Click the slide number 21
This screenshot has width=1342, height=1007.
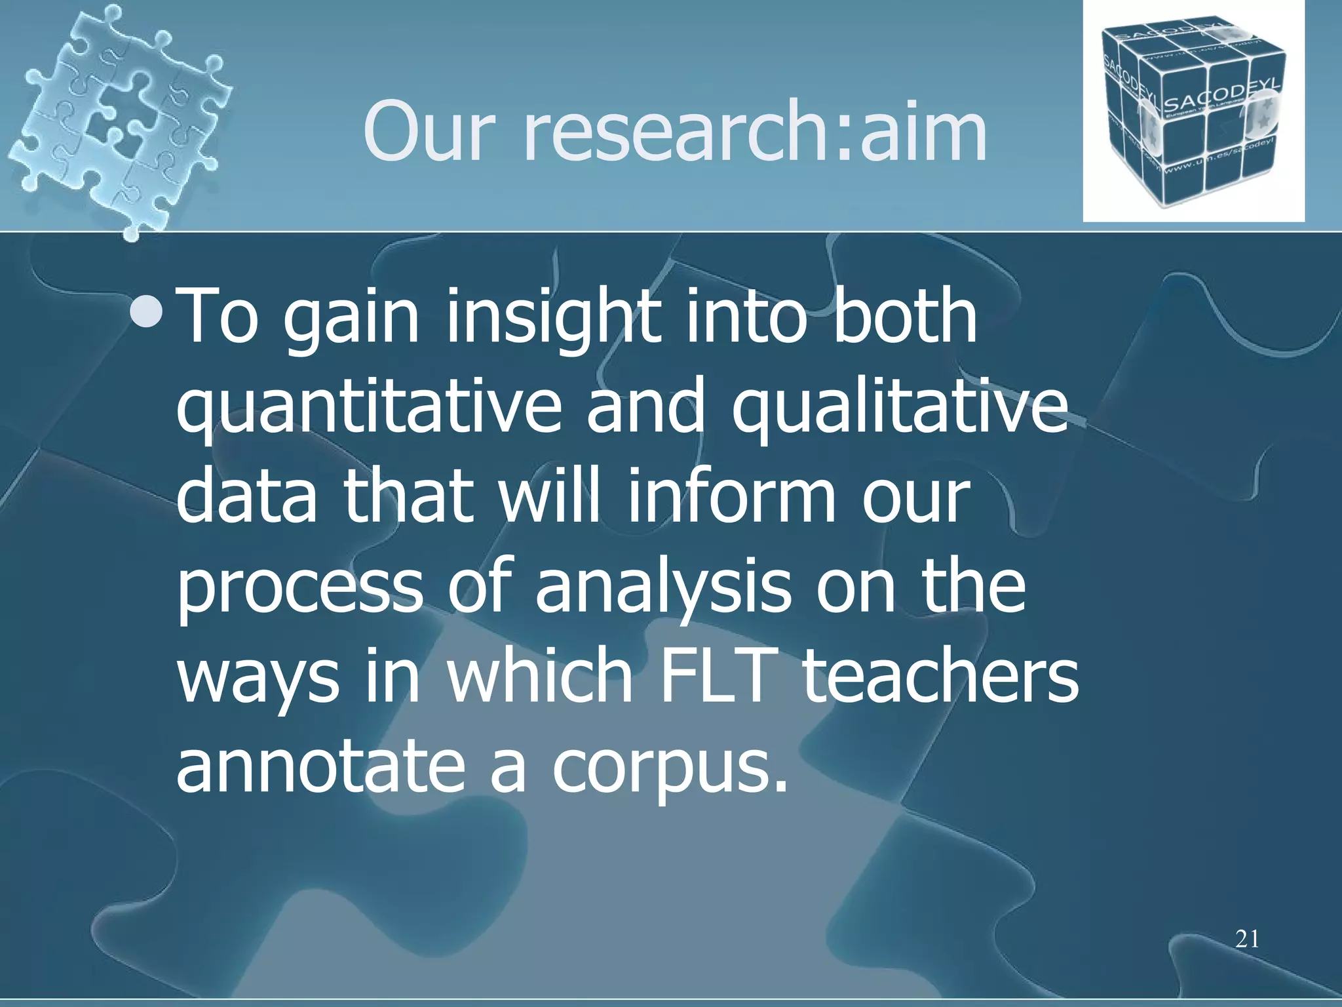(x=1247, y=939)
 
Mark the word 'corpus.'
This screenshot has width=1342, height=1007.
(x=668, y=768)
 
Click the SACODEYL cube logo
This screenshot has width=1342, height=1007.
(x=1193, y=111)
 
